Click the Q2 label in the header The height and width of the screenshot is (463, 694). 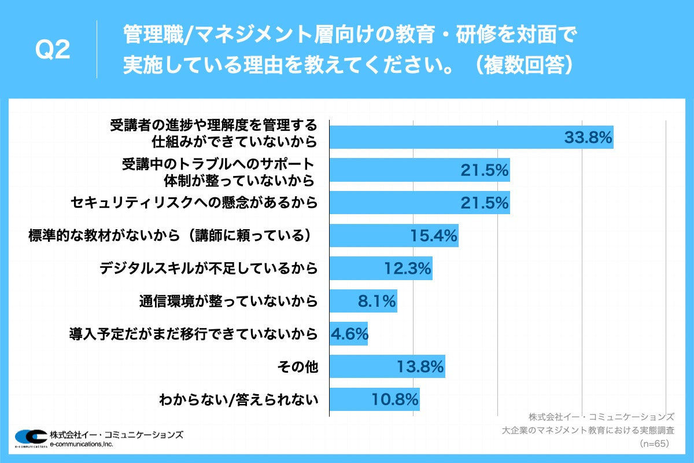point(53,51)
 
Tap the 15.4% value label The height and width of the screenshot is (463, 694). point(434,236)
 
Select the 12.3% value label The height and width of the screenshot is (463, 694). point(408,269)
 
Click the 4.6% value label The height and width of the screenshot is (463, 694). point(349,334)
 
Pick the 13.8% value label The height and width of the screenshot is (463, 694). point(420,366)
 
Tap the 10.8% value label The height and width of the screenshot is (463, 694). point(394,399)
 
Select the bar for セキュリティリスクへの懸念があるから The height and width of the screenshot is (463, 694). point(419,203)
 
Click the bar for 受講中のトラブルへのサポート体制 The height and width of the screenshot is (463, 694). point(419,170)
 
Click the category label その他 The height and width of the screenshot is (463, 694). point(298,366)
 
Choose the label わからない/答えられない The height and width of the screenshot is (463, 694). point(238,399)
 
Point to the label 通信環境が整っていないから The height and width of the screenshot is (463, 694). point(228,301)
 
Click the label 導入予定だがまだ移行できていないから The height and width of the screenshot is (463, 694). point(193,334)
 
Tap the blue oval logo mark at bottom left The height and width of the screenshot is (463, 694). point(30,438)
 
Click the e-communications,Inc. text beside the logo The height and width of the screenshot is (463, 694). point(81,444)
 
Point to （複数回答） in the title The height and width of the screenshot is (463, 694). point(519,65)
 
